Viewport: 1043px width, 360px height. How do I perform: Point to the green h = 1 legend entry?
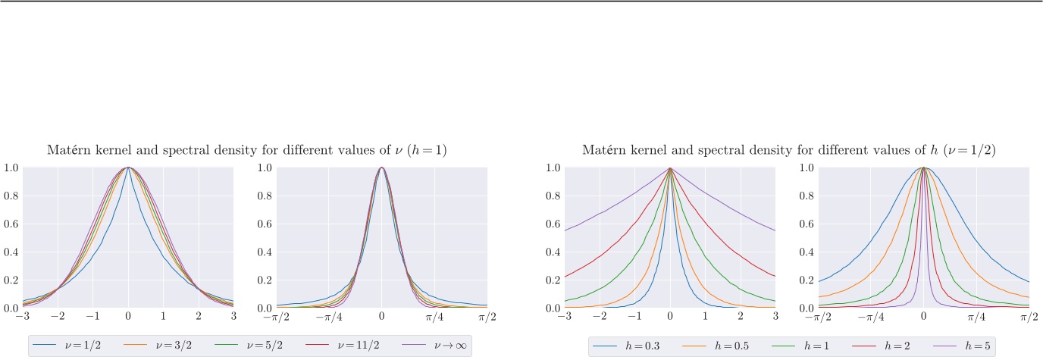[789, 346]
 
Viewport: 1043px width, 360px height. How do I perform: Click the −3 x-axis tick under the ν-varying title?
[20, 316]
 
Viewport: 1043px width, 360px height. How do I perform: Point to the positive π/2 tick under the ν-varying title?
[487, 316]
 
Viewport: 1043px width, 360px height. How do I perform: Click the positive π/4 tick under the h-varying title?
[976, 316]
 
